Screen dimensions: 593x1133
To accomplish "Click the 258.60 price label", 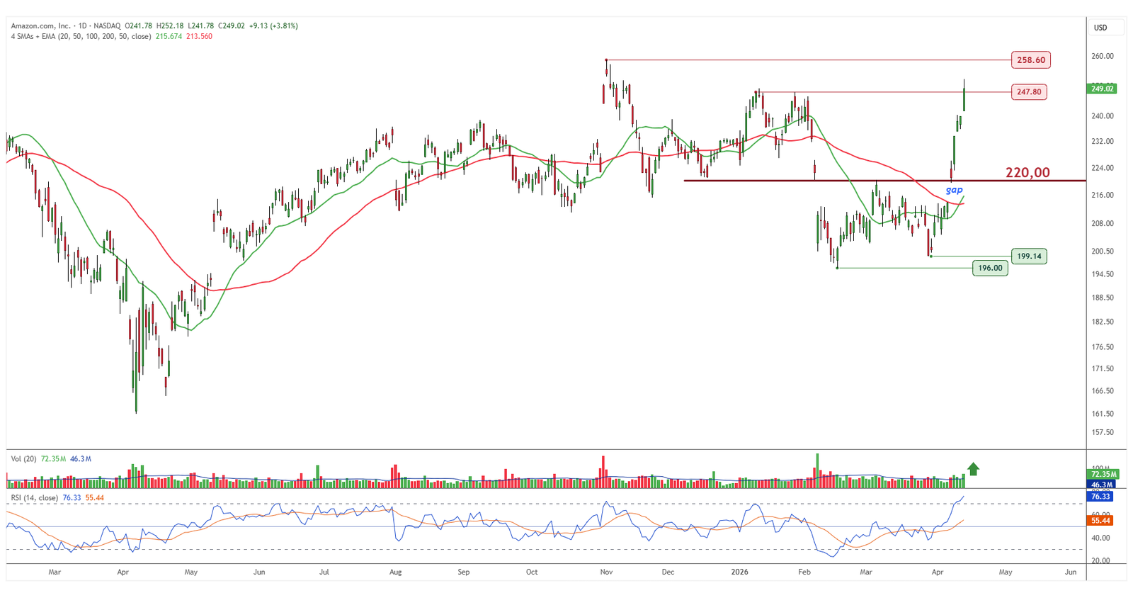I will (x=1030, y=60).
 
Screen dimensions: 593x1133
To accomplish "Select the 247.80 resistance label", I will (x=1029, y=92).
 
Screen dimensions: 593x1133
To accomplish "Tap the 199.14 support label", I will (x=1029, y=256).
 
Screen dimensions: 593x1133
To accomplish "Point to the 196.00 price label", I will (x=990, y=268).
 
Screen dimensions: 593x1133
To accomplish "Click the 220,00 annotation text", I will (x=1027, y=172).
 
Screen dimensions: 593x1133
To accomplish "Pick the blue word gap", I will (x=955, y=190).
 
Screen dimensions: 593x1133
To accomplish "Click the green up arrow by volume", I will (x=973, y=468).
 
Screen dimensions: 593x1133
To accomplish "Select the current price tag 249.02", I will (x=1102, y=89).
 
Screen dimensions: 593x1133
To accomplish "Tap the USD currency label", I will (x=1100, y=28).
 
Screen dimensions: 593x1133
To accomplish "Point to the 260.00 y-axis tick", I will (x=1103, y=56).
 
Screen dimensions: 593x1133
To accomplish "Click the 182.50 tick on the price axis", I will (x=1103, y=322).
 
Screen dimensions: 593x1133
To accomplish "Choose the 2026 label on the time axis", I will (x=739, y=572).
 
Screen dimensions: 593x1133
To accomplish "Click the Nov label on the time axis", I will (x=606, y=572).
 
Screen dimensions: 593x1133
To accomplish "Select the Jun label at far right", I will (x=1071, y=572).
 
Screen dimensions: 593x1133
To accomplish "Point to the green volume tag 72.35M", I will (x=1103, y=474).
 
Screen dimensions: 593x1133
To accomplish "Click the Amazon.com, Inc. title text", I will (x=40, y=26).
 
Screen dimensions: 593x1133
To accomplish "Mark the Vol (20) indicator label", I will (x=24, y=459).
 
